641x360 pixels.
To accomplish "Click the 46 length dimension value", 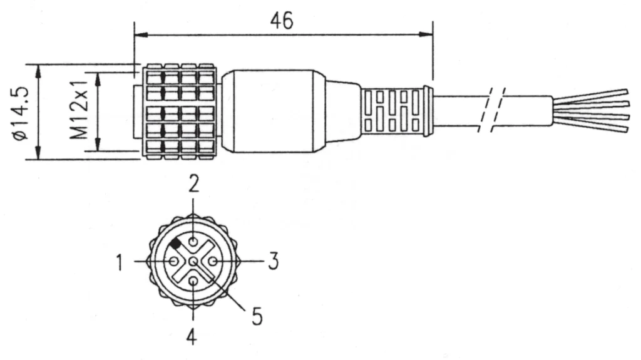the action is (x=282, y=21).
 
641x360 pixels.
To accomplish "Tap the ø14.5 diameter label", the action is (x=21, y=113).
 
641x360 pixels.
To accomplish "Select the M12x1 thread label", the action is (x=79, y=109).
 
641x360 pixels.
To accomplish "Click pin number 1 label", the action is (x=120, y=262).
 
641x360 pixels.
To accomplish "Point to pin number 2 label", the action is (x=194, y=183).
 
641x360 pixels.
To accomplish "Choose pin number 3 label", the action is (x=274, y=262).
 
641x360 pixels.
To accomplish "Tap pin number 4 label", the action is (x=192, y=336).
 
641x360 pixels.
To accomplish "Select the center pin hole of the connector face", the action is (x=193, y=261).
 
